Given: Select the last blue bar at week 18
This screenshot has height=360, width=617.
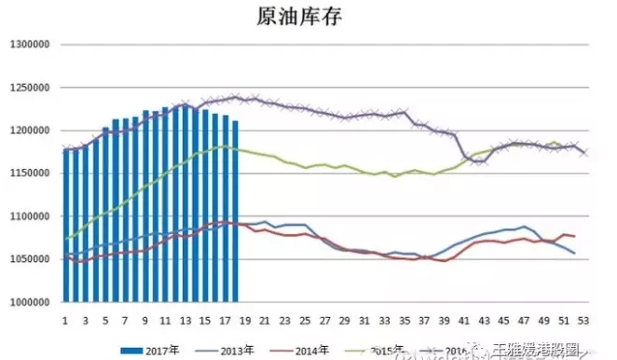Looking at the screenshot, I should click(236, 213).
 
